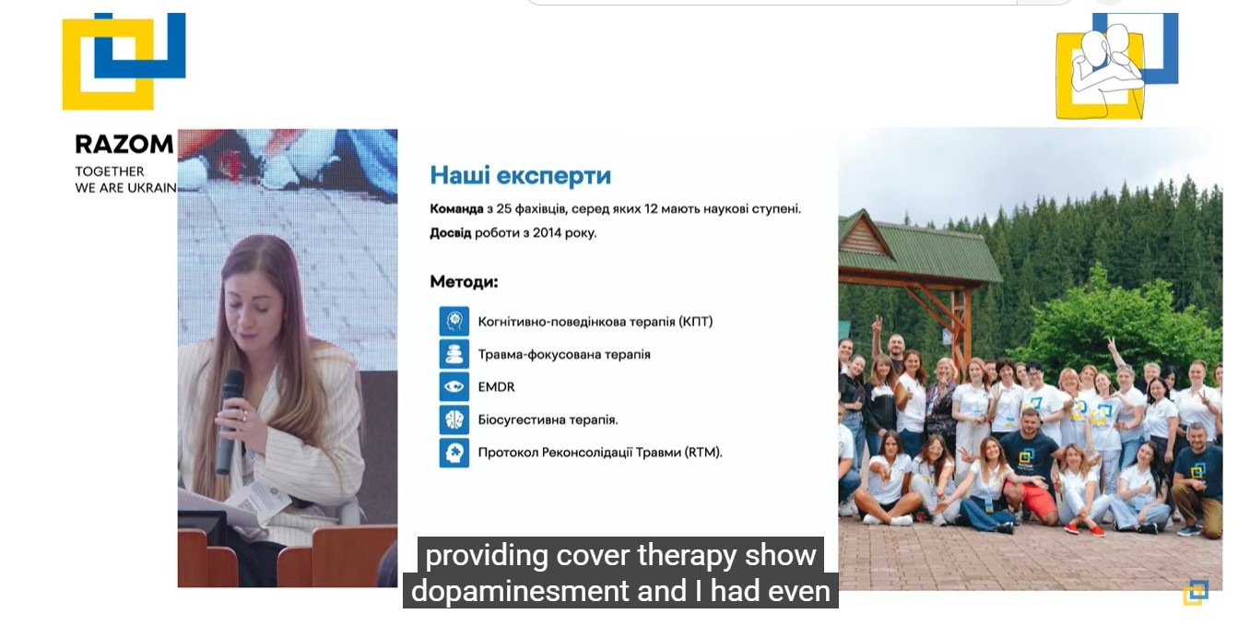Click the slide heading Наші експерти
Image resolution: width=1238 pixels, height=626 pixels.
point(521,176)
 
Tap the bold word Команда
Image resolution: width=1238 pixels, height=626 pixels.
point(456,209)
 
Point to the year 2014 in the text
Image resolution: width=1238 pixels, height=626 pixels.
point(547,232)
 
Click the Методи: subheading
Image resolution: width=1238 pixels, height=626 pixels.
point(464,282)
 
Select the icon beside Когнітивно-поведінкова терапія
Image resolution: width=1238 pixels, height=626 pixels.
point(454,321)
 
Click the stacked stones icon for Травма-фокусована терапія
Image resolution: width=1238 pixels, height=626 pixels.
point(454,354)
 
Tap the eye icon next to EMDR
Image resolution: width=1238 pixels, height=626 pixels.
point(454,387)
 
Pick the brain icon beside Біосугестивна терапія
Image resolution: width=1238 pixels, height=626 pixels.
point(454,419)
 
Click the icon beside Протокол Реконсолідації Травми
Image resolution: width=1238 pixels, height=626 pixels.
point(454,453)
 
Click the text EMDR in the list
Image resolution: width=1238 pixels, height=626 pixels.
point(496,387)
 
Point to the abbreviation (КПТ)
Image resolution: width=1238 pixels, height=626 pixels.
point(695,322)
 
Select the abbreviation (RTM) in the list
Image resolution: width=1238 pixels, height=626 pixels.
point(703,453)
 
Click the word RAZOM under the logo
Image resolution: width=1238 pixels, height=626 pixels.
point(124,145)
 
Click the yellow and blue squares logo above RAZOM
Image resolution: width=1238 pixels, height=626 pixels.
point(124,62)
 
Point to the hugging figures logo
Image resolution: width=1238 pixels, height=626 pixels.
point(1115,66)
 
